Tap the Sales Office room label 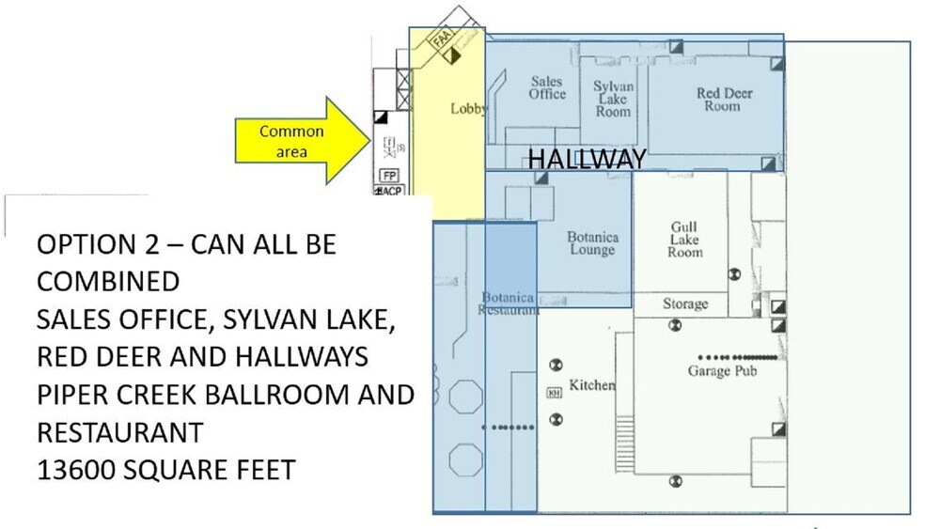click(x=546, y=88)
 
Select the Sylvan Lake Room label click(x=613, y=99)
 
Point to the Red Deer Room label click(x=724, y=100)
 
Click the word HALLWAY click(x=587, y=159)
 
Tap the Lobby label click(x=468, y=109)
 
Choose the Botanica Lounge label click(x=592, y=243)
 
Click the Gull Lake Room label click(x=684, y=240)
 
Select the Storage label click(x=684, y=304)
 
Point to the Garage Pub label click(x=722, y=371)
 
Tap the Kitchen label click(x=591, y=385)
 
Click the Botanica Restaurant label click(x=508, y=303)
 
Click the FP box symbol click(x=388, y=175)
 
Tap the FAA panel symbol click(x=442, y=40)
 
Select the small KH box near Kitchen click(x=554, y=393)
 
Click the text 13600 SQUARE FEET click(x=165, y=468)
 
